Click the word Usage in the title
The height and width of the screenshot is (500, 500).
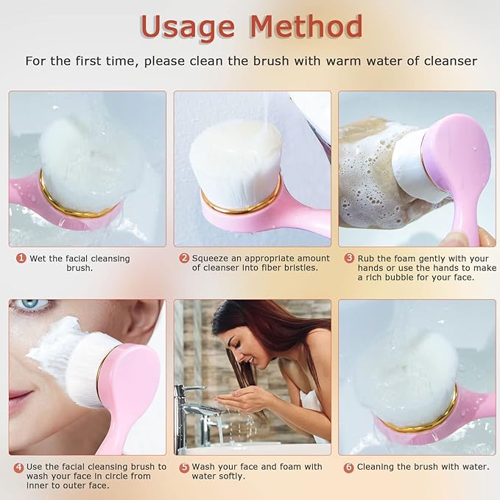(x=189, y=27)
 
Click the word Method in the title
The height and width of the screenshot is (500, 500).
(x=306, y=27)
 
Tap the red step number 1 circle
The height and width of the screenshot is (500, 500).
(x=21, y=258)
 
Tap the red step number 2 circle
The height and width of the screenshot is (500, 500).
(x=184, y=258)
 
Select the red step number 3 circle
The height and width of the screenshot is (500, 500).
(x=349, y=258)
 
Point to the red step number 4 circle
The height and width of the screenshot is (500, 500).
(x=18, y=467)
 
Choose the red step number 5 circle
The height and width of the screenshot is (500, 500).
(x=184, y=467)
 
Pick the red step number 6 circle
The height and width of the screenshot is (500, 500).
(x=349, y=467)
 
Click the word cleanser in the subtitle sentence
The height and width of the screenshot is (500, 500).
(x=450, y=61)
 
